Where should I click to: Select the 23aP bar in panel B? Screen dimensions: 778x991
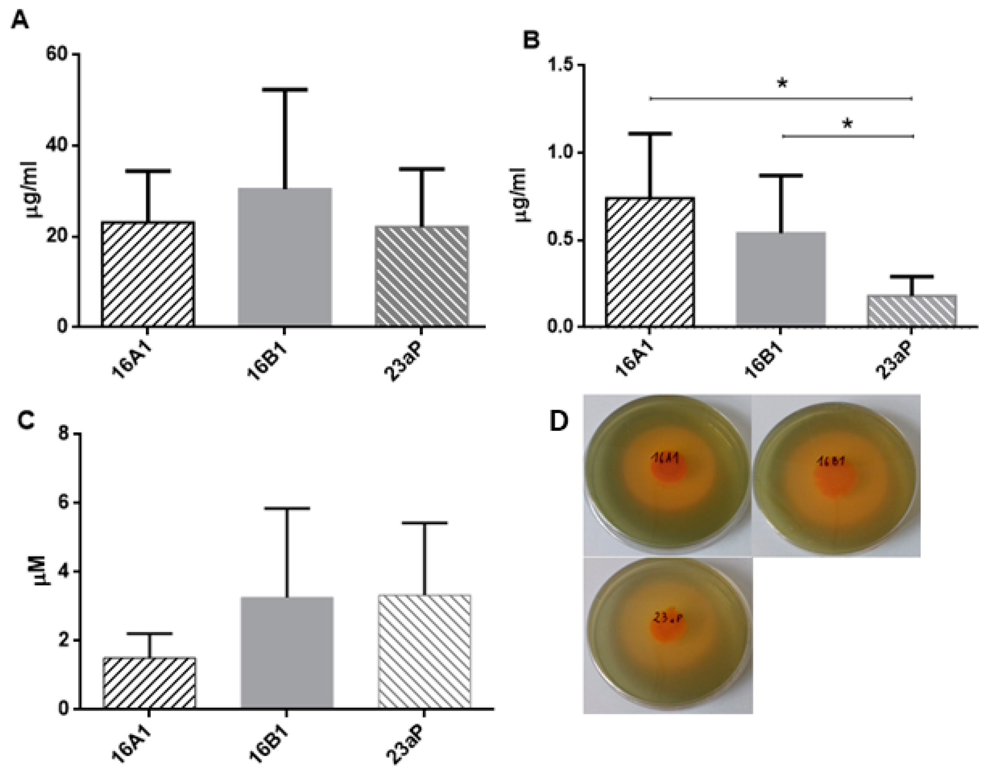coord(912,311)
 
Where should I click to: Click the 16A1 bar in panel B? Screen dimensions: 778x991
coord(650,262)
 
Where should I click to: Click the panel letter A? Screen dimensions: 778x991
coord(20,20)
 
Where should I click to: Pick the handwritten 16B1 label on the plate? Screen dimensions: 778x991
coord(831,461)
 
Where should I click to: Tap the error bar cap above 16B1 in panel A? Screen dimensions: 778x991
coord(284,90)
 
